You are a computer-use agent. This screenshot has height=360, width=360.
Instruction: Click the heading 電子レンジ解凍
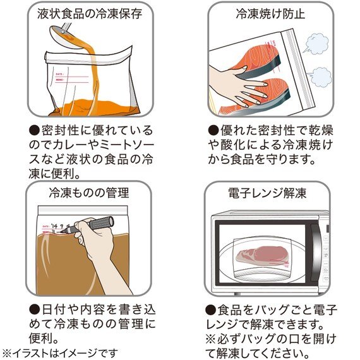point(270,192)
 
